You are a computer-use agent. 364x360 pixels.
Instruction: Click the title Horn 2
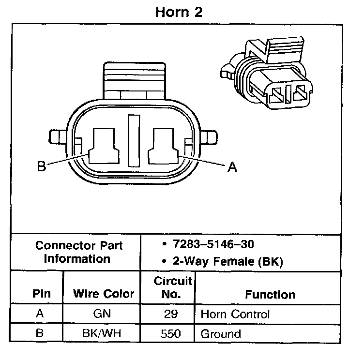[x=179, y=12]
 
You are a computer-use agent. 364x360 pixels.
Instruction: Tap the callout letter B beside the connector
[x=42, y=167]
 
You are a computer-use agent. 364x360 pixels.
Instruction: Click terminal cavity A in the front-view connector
[x=165, y=146]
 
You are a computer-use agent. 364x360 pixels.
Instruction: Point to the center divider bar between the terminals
[x=134, y=140]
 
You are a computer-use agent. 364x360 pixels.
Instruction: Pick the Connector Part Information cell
[x=79, y=252]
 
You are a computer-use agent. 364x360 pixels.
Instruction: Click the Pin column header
[x=41, y=294]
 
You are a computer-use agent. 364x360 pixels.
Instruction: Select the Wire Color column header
[x=104, y=294]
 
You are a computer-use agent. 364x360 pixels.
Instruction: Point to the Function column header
[x=270, y=294]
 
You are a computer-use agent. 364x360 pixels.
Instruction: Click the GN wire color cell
[x=102, y=314]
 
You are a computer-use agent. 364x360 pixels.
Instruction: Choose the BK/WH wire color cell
[x=102, y=333]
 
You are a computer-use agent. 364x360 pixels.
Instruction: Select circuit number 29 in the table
[x=171, y=314]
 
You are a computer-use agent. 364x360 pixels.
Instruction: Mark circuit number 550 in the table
[x=171, y=333]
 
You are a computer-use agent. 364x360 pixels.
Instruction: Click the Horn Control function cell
[x=235, y=314]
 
